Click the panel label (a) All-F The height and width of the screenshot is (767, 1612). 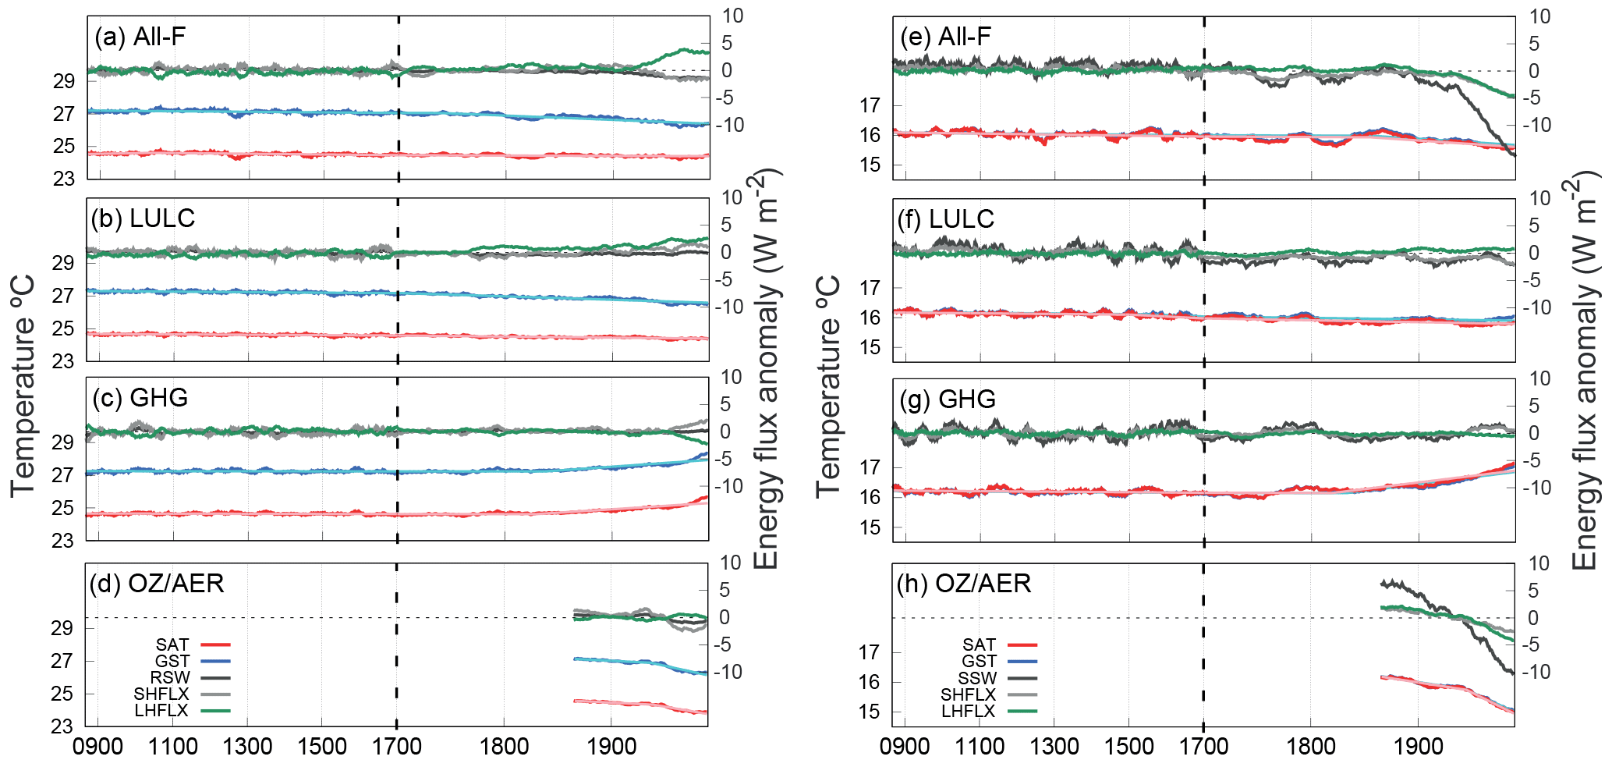[140, 37]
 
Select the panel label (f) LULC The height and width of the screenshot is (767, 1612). [945, 219]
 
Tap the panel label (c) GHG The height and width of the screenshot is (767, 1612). [140, 398]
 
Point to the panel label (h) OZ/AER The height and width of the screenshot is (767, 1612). [963, 584]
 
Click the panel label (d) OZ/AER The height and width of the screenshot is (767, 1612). [157, 584]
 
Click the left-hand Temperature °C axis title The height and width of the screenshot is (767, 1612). [23, 385]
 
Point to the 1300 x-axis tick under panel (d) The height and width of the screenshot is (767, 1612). [248, 747]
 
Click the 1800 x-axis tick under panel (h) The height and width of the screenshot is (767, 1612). [1310, 747]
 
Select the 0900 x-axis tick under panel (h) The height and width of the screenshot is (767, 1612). [905, 747]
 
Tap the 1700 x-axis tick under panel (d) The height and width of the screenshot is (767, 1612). [397, 747]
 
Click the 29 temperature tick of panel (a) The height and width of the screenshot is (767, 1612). [64, 81]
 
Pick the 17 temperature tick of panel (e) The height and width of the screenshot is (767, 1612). [870, 105]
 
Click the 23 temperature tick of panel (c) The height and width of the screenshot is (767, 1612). [64, 541]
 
